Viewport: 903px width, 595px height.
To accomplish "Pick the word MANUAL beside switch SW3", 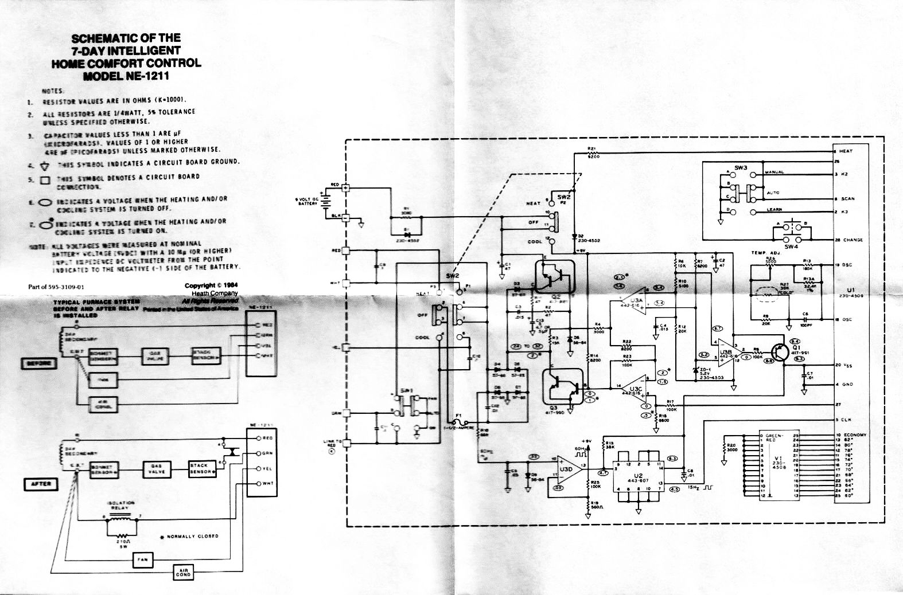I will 774,172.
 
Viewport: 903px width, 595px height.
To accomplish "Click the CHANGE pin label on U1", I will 853,240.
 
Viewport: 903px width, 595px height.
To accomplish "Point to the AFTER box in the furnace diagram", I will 41,484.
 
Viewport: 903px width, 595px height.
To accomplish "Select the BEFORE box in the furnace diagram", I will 40,363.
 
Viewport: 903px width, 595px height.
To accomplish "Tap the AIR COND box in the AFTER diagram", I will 183,572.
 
